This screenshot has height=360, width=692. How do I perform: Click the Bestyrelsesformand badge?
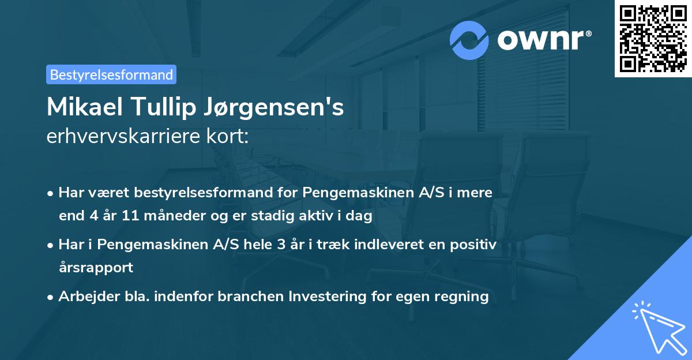click(x=111, y=74)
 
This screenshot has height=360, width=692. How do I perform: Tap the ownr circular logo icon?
click(x=469, y=40)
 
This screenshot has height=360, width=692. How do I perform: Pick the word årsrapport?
click(x=96, y=267)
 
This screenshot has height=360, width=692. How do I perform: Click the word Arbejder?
click(x=84, y=297)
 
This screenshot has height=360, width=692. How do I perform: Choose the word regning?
click(x=461, y=297)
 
